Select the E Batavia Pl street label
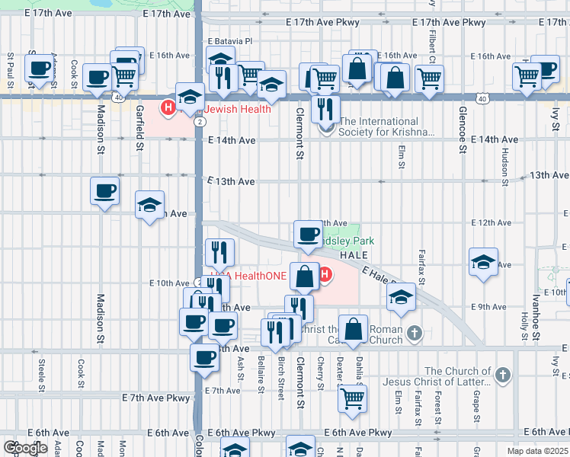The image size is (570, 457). click(229, 41)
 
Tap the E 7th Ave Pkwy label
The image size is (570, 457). click(155, 398)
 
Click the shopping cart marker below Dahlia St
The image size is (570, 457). click(353, 397)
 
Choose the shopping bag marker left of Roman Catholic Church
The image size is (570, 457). click(353, 329)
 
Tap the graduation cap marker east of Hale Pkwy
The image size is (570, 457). click(484, 262)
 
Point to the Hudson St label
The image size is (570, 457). click(504, 167)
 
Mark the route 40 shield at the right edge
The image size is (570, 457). click(482, 98)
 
